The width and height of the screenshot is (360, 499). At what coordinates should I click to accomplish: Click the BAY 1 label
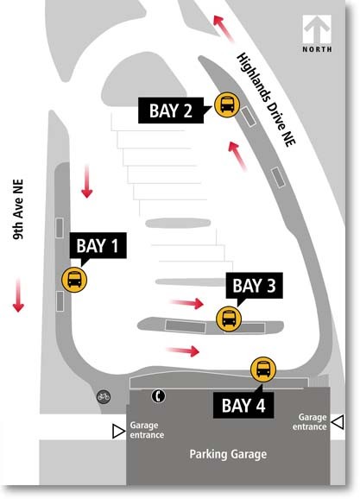coord(98,245)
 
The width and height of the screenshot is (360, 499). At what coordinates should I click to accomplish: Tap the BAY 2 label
coord(171,111)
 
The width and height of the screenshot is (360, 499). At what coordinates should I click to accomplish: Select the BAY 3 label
coord(254,286)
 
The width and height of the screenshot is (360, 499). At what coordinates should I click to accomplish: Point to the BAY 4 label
coord(243,405)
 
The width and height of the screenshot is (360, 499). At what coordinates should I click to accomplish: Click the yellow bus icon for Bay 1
coord(74,280)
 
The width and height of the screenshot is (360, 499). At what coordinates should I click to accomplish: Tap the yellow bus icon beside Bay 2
coord(227,104)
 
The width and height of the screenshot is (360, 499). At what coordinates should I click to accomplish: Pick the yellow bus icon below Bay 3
coord(229,319)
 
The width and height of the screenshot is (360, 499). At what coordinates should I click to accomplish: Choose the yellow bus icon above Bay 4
coord(263,370)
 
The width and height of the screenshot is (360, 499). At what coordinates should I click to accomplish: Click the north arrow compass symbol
coord(317,29)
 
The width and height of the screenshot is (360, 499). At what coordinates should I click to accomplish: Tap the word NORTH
coord(317,49)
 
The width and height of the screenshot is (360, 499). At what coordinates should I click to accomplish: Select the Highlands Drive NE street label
coord(266,99)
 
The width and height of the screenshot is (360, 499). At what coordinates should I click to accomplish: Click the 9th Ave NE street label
coord(18,210)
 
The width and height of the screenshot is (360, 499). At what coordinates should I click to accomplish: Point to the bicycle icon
coord(104,397)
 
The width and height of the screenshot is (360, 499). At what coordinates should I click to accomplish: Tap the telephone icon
coord(158,396)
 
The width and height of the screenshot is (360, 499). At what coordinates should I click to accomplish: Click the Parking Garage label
coord(228,454)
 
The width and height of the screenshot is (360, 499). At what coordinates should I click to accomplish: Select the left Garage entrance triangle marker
coord(119,432)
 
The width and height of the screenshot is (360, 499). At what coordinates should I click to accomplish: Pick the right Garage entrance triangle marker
coord(338,422)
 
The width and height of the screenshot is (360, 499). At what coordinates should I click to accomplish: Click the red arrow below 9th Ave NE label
coord(18,295)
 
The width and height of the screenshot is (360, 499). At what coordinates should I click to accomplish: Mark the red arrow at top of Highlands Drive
coord(223,28)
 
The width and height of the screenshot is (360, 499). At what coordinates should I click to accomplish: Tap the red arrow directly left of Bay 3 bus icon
coord(186,303)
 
